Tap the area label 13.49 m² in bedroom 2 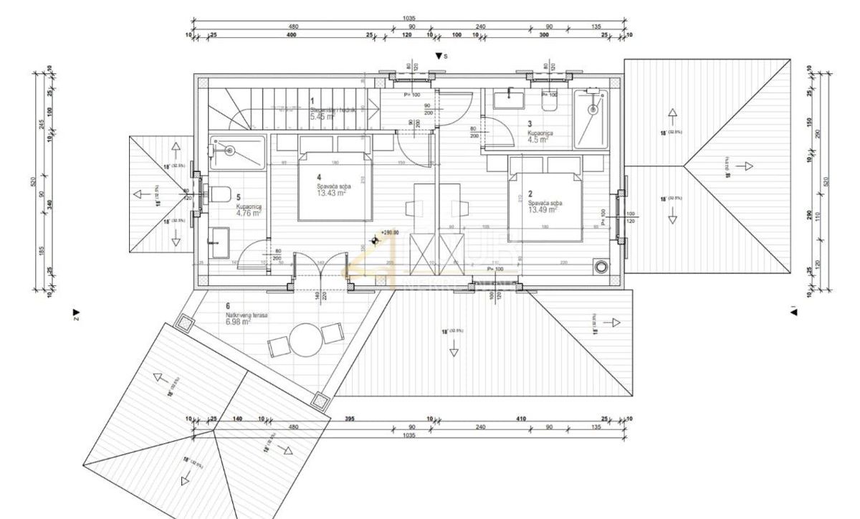click(x=545, y=210)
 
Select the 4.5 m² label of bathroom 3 click(x=537, y=141)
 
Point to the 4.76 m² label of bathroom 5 click(x=249, y=212)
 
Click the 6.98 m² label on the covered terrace click(x=237, y=323)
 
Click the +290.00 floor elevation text click(x=389, y=233)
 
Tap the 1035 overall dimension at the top click(x=409, y=19)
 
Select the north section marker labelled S click(x=441, y=56)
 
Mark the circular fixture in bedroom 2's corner click(x=599, y=267)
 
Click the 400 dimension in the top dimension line click(x=291, y=35)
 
